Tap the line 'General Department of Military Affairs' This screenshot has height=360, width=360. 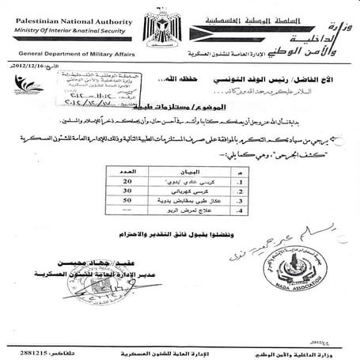click(70, 50)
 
